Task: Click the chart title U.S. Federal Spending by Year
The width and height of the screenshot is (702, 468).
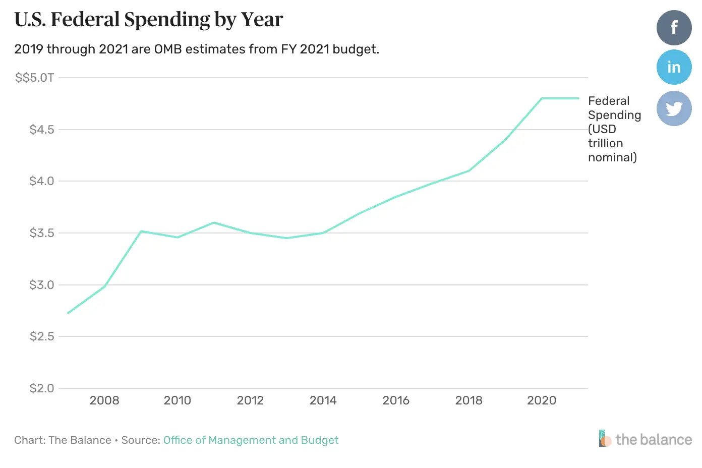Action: click(x=149, y=20)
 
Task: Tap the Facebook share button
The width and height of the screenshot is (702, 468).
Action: click(x=674, y=28)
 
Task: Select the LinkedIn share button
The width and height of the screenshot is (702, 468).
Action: click(x=674, y=67)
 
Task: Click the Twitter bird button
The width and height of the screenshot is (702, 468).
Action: click(x=674, y=108)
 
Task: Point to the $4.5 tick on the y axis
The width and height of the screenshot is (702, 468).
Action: click(x=42, y=130)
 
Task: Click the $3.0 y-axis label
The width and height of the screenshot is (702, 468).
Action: click(x=42, y=285)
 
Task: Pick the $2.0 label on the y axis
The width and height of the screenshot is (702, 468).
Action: click(x=42, y=388)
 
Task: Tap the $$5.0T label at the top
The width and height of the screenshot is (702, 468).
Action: click(x=34, y=78)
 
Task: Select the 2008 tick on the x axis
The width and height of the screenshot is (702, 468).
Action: click(x=104, y=400)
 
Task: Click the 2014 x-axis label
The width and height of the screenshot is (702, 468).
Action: click(x=323, y=400)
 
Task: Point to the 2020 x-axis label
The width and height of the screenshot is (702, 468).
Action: click(x=542, y=400)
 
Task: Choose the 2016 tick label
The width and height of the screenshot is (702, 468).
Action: click(x=396, y=400)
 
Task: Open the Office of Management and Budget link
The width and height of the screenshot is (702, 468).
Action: click(x=251, y=440)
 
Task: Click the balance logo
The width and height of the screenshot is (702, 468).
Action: click(x=646, y=439)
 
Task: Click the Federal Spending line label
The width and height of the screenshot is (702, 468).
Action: click(x=613, y=129)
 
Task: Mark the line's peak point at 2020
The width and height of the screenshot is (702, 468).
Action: click(x=542, y=98)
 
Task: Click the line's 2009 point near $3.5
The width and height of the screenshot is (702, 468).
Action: click(x=141, y=231)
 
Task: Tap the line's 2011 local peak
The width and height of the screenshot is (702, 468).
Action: click(x=214, y=222)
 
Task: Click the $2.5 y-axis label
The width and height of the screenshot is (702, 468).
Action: click(x=42, y=336)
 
